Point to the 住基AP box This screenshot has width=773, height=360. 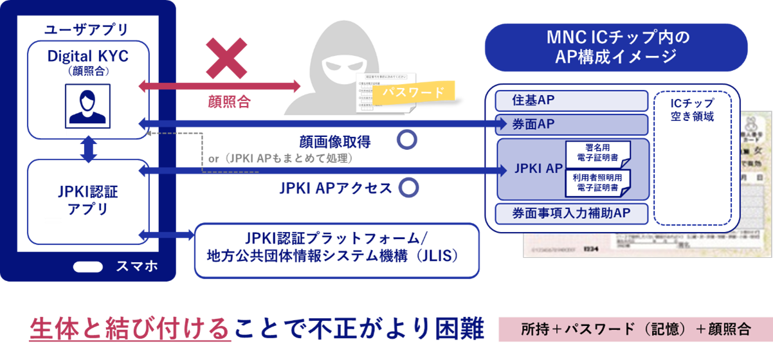click(x=572, y=101)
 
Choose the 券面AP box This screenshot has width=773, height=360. click(x=572, y=124)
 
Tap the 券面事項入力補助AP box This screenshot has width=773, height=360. click(x=572, y=213)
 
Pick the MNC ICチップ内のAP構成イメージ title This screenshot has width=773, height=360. click(x=615, y=47)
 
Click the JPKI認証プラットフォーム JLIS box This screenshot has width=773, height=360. click(x=337, y=250)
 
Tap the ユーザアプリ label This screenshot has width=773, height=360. click(x=86, y=30)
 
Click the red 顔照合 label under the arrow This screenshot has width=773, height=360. click(x=229, y=100)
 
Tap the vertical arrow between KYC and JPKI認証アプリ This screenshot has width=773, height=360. click(x=88, y=149)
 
